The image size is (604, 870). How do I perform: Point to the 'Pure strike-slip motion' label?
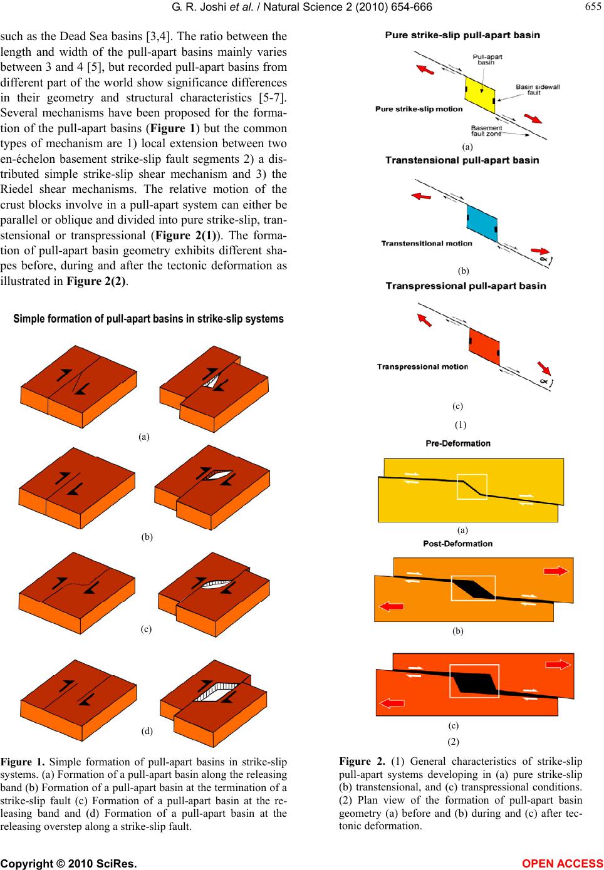click(419, 109)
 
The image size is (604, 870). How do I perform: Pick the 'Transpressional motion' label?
click(422, 366)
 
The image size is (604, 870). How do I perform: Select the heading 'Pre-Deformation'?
click(458, 443)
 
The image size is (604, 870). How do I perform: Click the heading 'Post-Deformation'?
click(458, 544)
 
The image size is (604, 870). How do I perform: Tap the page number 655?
click(591, 6)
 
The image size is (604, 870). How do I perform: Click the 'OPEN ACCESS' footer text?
click(567, 863)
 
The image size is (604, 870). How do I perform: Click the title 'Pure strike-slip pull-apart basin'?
click(462, 35)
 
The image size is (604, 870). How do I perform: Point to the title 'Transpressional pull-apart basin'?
click(466, 286)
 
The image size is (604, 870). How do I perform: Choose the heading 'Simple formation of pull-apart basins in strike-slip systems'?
click(148, 319)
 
